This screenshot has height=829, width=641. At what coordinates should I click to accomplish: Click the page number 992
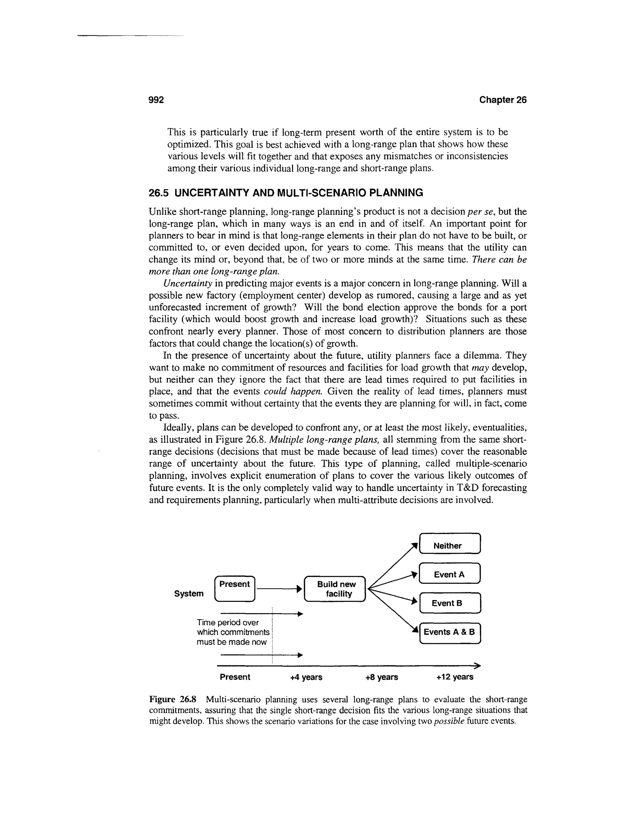(x=156, y=100)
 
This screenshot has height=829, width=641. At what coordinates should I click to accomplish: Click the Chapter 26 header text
(x=502, y=100)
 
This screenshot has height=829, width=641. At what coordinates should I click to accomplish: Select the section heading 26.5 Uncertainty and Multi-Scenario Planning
(x=285, y=193)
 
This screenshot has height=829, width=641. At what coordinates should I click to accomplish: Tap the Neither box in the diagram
(x=450, y=546)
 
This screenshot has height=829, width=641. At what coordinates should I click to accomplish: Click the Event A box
(x=450, y=574)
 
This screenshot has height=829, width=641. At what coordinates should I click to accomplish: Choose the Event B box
(x=450, y=603)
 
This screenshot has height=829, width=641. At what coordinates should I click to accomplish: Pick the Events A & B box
(x=450, y=632)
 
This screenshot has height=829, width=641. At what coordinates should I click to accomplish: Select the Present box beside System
(x=235, y=589)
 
